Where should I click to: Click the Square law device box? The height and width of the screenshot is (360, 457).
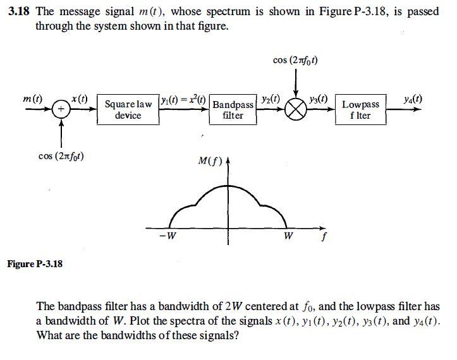pos(128,109)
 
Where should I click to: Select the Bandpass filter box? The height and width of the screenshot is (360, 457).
pos(233,109)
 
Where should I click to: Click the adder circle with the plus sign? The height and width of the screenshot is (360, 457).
pos(61,109)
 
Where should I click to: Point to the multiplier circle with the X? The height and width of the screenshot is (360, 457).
pos(296,110)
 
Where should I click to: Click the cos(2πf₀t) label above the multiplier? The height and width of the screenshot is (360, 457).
pos(295,61)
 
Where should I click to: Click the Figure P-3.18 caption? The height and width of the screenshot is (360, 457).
pos(35,263)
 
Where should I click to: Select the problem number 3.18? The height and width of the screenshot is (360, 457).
pos(19,11)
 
